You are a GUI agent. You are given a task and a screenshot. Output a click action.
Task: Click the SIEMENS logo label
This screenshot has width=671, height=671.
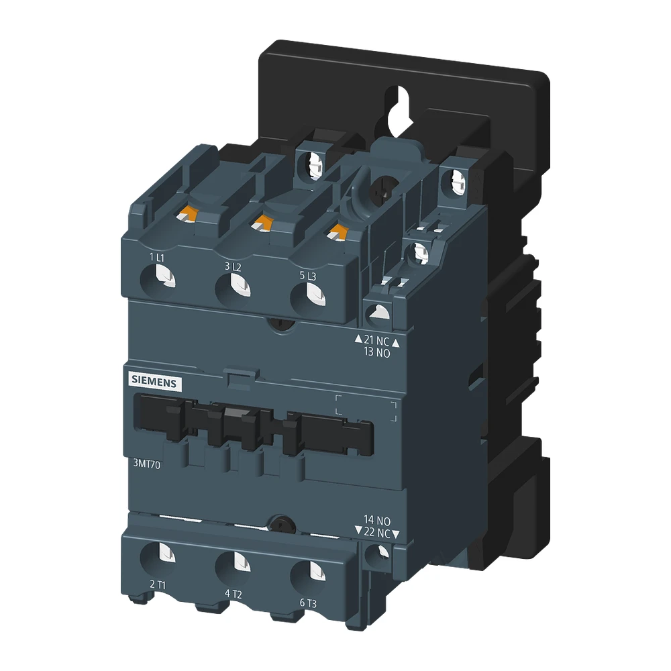click(153, 380)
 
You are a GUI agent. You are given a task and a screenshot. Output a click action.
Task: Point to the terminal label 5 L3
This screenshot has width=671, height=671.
click(307, 275)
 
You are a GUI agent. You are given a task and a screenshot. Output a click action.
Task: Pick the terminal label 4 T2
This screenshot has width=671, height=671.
click(233, 594)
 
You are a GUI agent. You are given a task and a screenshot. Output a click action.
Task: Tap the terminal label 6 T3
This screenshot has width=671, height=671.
click(308, 603)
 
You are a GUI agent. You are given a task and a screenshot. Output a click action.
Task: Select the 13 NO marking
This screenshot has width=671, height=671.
click(376, 354)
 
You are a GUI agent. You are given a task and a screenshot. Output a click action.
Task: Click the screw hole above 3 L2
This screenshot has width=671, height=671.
click(237, 285)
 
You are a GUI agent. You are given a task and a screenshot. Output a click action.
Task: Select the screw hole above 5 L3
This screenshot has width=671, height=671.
click(311, 295)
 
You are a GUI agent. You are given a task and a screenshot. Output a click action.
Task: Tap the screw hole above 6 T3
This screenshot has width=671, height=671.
click(312, 572)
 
